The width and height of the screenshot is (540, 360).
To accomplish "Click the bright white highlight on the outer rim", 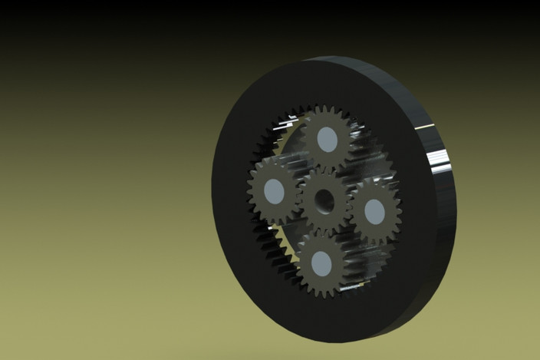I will [x=440, y=161].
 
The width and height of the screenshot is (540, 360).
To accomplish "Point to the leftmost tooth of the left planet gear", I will [x=249, y=187].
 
